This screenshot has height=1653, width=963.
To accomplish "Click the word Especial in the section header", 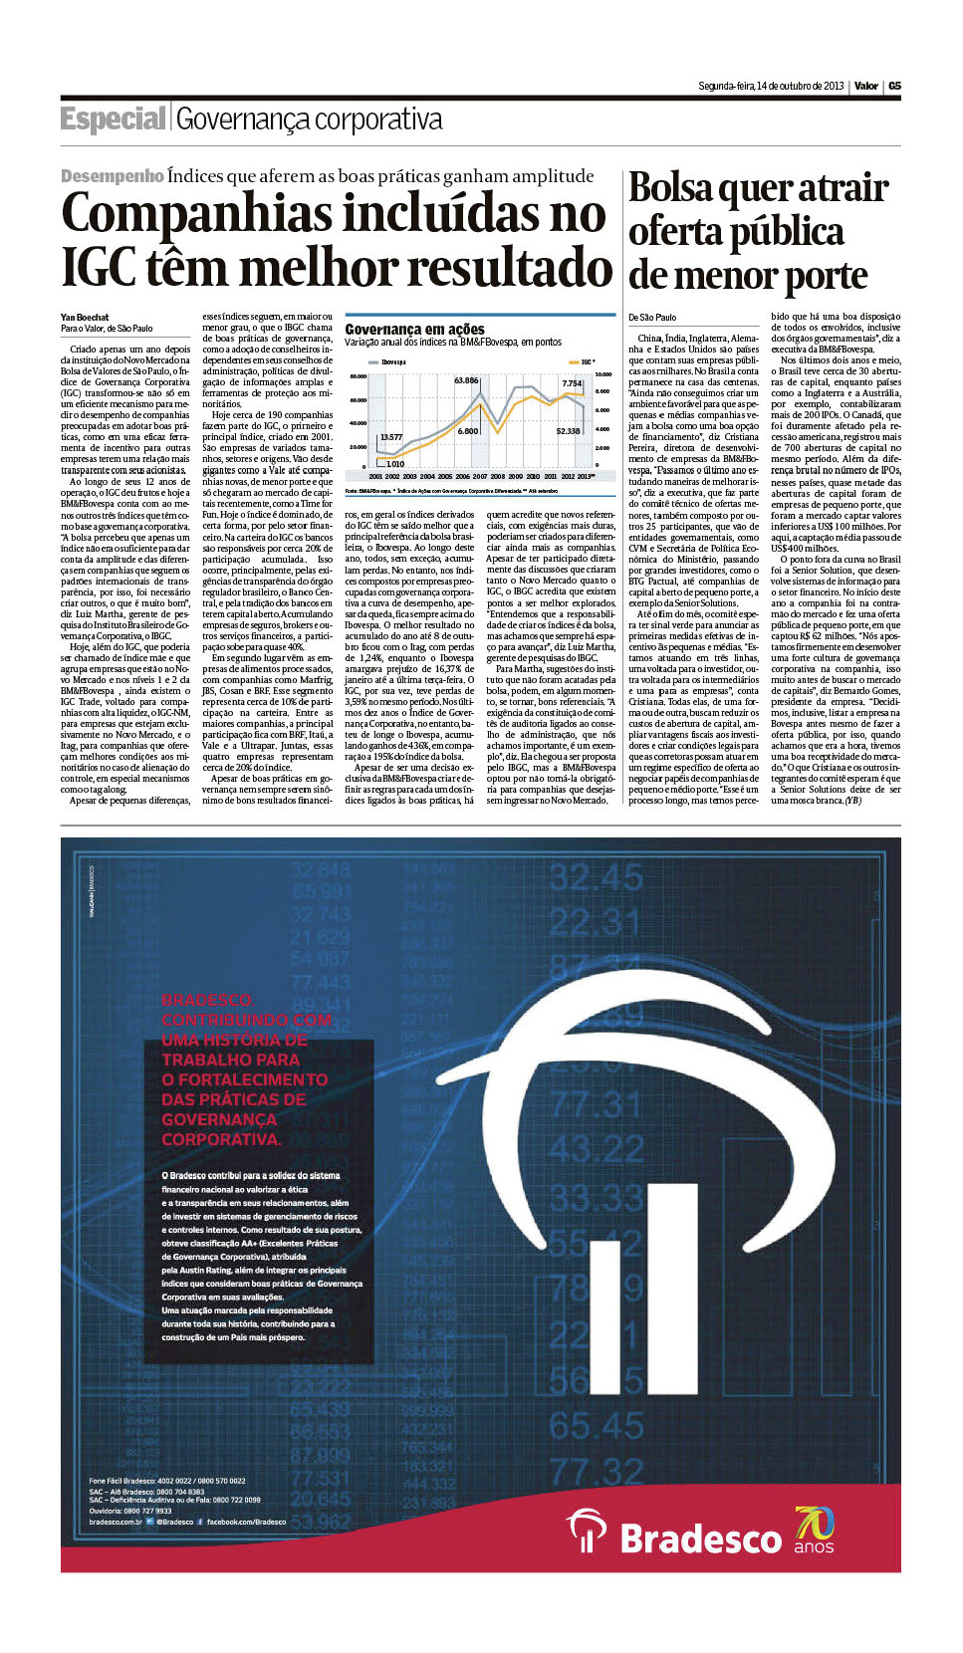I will [113, 119].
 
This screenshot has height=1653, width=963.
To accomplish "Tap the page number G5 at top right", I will [894, 86].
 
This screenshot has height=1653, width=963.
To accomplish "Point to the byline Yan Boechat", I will [85, 318].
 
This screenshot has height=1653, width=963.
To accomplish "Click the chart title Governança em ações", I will [414, 329].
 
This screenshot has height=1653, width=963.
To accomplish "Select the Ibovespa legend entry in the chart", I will [392, 362].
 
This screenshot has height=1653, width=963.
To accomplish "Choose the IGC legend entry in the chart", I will [587, 362].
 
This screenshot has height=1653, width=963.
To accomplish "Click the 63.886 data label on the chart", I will [466, 380].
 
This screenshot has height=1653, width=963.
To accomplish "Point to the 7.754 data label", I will [572, 383].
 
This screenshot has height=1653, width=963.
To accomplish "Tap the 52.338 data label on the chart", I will [568, 431].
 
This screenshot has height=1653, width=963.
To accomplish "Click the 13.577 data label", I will [391, 437].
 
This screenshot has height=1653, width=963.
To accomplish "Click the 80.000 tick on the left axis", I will [359, 376].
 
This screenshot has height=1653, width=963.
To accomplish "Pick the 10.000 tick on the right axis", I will [603, 374].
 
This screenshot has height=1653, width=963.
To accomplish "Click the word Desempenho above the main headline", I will [112, 176].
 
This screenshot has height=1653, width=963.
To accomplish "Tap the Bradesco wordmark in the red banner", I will [701, 1538].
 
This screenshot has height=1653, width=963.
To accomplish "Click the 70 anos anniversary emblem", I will [814, 1531].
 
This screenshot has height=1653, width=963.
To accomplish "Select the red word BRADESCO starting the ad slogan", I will [207, 1000].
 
